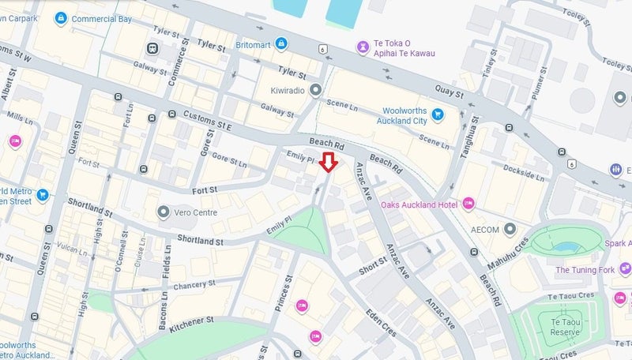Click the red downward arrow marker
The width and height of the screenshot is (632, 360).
(x=330, y=163)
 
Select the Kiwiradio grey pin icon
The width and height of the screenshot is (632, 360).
(x=316, y=91)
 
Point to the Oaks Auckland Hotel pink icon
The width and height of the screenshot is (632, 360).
(x=468, y=204)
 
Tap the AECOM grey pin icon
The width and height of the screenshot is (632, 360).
(x=510, y=229)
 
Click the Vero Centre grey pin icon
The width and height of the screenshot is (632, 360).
(x=164, y=212)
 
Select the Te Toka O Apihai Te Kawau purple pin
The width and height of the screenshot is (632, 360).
(x=363, y=47)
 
